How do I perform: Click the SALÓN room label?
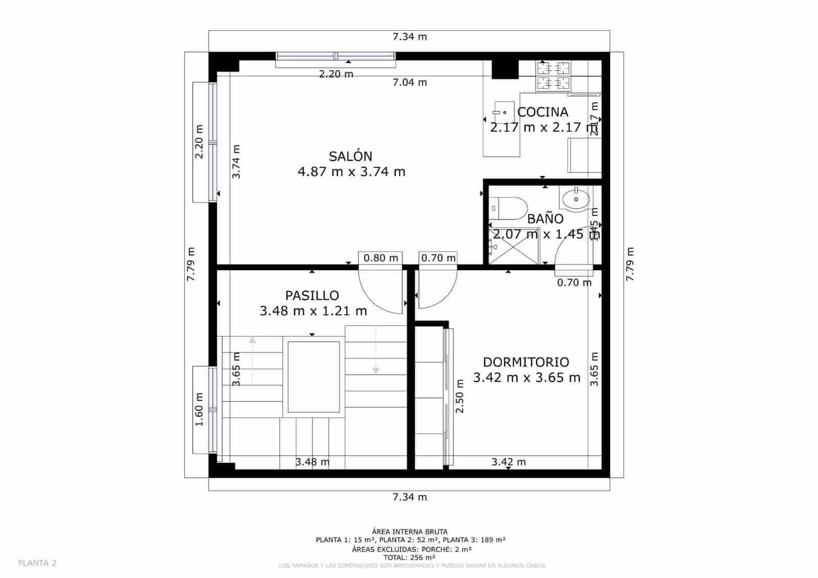pos(350,156)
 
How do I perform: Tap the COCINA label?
pos(542,112)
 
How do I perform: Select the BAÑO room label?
pos(545,219)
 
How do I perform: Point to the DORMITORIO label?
pos(526,362)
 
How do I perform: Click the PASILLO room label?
pos(312,296)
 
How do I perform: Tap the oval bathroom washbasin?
pos(575,199)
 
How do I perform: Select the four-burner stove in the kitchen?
pos(553,75)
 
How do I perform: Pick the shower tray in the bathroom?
pos(513,247)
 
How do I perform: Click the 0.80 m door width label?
pos(380,258)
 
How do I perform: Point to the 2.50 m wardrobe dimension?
pos(460,396)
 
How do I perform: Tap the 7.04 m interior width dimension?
pos(410,82)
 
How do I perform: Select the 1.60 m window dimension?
pos(199,409)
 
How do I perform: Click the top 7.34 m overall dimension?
pos(410,37)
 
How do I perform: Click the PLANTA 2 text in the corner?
pos(37,563)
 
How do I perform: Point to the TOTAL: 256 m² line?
pos(410,558)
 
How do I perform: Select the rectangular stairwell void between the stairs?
pos(313,377)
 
